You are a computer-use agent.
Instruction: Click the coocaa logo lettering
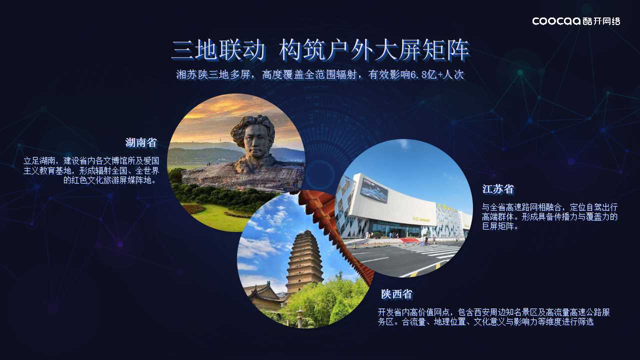click(x=556, y=21)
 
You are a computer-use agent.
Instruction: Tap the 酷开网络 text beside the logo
click(x=601, y=21)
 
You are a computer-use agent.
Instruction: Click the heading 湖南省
click(x=141, y=142)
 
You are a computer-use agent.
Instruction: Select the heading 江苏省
click(x=498, y=189)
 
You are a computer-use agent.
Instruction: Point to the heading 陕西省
click(x=396, y=294)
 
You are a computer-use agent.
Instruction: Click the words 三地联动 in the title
click(x=218, y=50)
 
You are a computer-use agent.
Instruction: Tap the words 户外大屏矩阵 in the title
click(x=398, y=50)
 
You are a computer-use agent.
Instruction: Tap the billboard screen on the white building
click(x=374, y=190)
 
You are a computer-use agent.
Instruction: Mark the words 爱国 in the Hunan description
click(x=151, y=161)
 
